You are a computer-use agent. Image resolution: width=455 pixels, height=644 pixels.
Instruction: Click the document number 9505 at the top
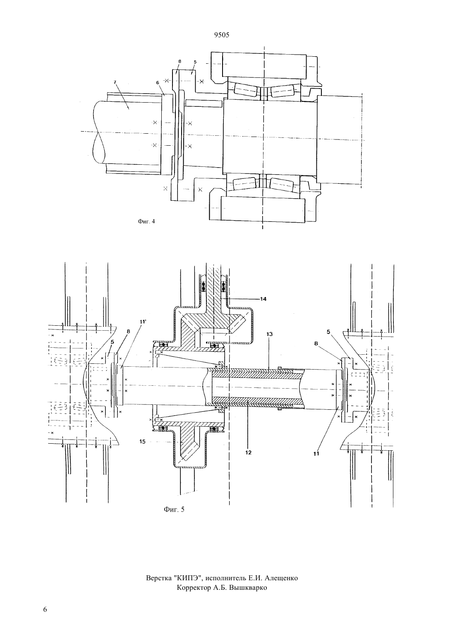click(222, 35)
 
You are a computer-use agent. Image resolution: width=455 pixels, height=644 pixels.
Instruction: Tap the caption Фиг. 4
click(146, 221)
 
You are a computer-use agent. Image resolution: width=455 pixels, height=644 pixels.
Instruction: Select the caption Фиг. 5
click(174, 509)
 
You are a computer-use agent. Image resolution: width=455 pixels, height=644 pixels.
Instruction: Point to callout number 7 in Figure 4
click(115, 82)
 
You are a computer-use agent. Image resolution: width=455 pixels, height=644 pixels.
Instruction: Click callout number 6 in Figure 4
click(158, 82)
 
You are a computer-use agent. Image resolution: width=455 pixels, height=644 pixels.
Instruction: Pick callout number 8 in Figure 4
click(180, 61)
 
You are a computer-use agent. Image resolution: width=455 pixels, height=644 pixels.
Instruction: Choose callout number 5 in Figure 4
click(195, 62)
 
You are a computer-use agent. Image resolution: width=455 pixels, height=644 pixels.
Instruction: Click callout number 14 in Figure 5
click(263, 299)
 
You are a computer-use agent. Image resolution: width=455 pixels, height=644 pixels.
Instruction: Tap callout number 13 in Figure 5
click(269, 334)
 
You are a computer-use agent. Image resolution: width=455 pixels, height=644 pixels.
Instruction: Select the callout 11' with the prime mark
click(144, 322)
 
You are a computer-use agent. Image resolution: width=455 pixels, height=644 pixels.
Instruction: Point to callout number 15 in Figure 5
click(142, 442)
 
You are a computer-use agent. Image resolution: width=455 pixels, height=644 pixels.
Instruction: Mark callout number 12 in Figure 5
click(249, 452)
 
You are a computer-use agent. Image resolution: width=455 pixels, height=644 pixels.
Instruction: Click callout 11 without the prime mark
click(316, 454)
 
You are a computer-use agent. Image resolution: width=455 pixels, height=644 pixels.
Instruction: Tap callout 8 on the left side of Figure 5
click(128, 332)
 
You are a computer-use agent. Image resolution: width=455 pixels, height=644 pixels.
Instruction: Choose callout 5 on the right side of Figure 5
click(328, 332)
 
